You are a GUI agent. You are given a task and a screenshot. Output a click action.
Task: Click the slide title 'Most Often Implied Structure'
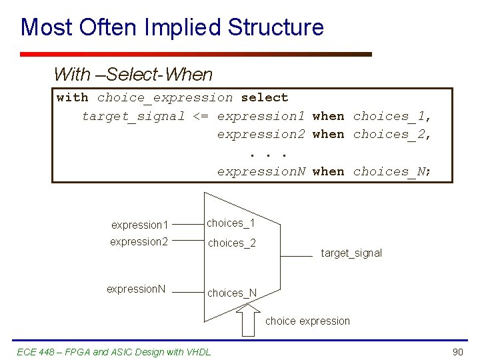pos(172,27)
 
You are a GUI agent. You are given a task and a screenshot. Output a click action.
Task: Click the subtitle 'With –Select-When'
pos(133,74)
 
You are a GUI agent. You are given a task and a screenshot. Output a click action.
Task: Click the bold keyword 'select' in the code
pos(265,98)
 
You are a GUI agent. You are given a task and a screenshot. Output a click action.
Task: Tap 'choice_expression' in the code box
pos(165,98)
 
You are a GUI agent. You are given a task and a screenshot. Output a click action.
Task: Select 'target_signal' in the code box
pos(133,117)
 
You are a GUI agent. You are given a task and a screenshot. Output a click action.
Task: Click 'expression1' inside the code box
pos(261,117)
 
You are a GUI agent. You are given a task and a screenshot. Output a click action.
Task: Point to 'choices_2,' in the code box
pos(393,135)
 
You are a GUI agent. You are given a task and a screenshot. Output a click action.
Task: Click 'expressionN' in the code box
pos(261,172)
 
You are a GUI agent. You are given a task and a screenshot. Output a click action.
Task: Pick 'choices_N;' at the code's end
pos(393,172)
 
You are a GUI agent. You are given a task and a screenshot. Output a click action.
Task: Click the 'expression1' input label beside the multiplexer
pos(139,225)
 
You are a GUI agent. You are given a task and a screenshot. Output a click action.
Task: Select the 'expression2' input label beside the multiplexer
pos(139,242)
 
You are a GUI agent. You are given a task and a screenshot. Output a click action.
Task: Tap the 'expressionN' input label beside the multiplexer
pos(136,289)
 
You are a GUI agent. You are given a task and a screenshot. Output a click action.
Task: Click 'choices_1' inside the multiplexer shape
pos(231,223)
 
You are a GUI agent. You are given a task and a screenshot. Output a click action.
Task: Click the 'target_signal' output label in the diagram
pos(351,253)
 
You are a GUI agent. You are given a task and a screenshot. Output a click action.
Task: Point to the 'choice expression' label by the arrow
pos(307,321)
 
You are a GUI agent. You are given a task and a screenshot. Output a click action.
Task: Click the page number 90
pos(457,351)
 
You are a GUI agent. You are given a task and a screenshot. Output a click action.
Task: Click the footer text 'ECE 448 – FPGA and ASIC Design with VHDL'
pos(115,351)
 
